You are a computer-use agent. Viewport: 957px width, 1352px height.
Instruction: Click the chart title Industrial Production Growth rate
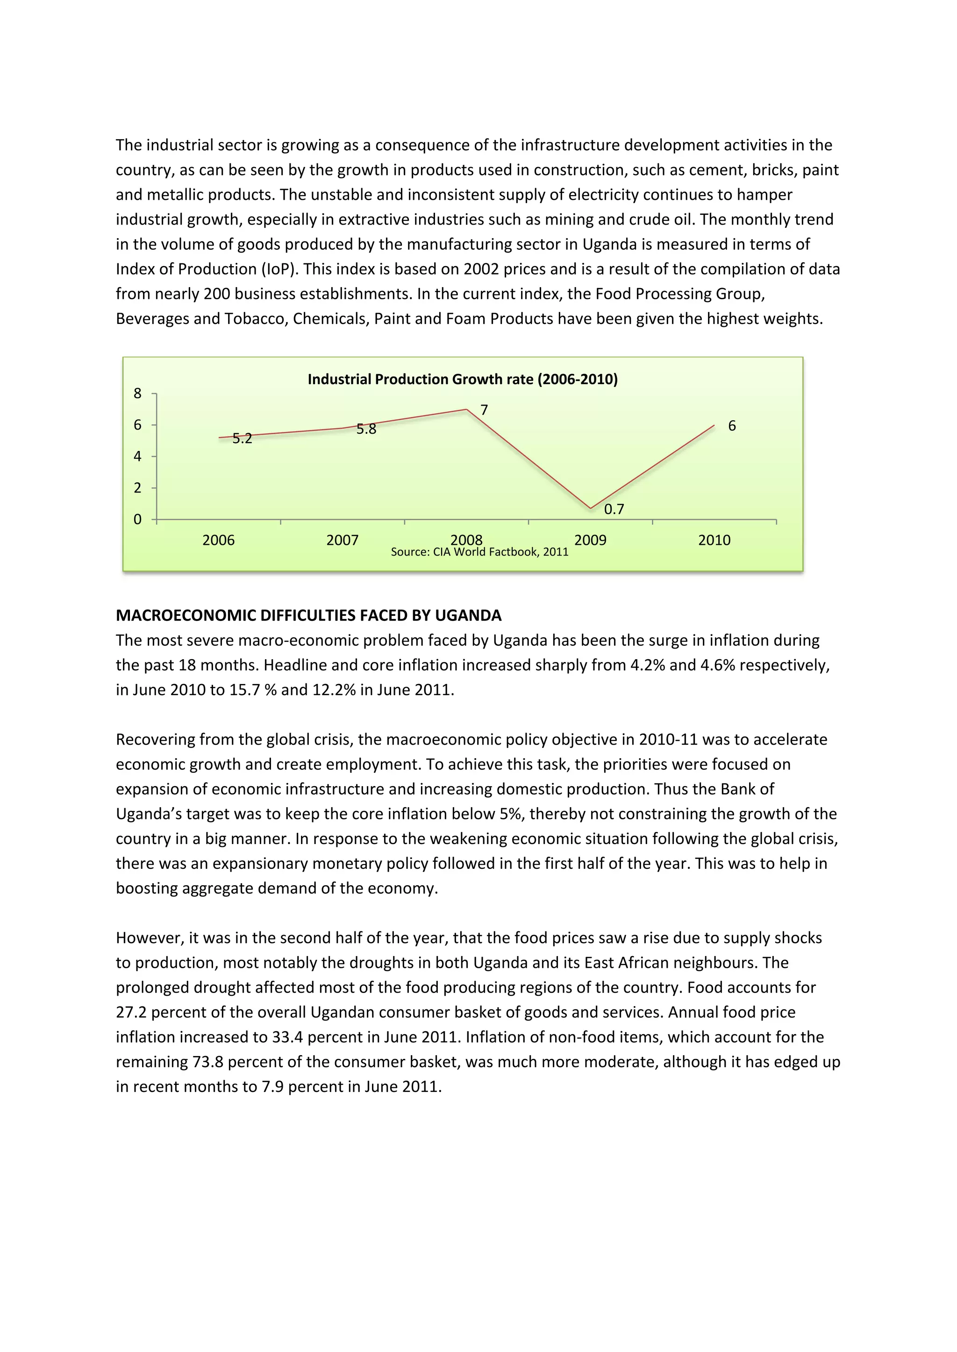(463, 379)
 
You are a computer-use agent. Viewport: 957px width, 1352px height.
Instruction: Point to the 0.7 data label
(614, 509)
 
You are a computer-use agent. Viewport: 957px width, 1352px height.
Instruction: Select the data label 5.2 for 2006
(242, 439)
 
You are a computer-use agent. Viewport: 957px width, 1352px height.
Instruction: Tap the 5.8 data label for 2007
(366, 430)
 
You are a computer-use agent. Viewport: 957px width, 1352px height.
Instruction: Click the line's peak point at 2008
(467, 409)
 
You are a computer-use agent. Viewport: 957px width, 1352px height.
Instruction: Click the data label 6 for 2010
(732, 426)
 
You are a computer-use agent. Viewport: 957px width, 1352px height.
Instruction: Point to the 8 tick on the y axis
(138, 394)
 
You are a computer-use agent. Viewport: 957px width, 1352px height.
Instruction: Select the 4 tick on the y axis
(138, 457)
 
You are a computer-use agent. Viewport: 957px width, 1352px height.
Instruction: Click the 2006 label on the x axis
(219, 540)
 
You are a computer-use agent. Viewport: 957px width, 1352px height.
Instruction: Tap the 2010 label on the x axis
(714, 540)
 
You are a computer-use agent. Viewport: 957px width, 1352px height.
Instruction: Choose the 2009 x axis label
(591, 540)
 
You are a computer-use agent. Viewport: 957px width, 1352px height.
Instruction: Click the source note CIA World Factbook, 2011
(480, 552)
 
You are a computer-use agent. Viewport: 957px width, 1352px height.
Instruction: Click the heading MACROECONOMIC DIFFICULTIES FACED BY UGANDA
(308, 615)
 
